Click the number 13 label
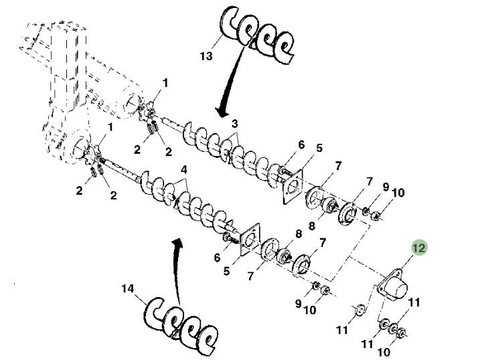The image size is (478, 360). [206, 56]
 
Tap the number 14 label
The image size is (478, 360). [128, 289]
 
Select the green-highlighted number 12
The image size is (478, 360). [419, 248]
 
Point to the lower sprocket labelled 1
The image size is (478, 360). [96, 153]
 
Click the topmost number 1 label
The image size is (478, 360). [165, 83]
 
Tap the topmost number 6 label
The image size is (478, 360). [301, 145]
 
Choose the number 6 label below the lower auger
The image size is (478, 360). [217, 258]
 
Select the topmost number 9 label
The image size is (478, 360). [386, 186]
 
